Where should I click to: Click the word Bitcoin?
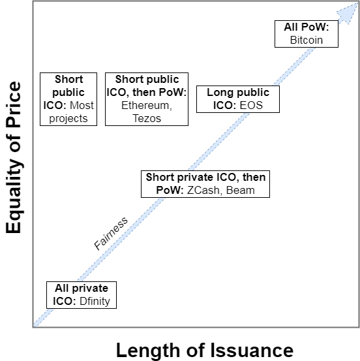(x=307, y=40)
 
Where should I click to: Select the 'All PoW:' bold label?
(x=307, y=27)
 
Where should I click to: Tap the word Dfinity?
(x=95, y=302)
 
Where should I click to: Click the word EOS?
(x=251, y=106)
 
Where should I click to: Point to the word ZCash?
(x=203, y=191)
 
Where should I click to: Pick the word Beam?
(x=241, y=191)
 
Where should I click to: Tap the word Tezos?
(x=147, y=119)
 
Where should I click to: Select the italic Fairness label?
(x=111, y=233)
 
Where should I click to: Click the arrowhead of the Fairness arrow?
(x=348, y=12)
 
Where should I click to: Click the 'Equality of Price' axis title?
(x=14, y=157)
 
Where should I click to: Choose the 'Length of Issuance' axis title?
(x=205, y=350)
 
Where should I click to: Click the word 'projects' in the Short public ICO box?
(x=68, y=119)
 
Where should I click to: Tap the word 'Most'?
(x=82, y=106)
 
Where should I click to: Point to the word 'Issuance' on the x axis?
(x=252, y=350)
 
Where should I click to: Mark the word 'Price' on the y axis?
(x=14, y=104)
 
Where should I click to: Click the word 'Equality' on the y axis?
(x=14, y=195)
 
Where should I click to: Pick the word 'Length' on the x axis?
(x=148, y=350)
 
